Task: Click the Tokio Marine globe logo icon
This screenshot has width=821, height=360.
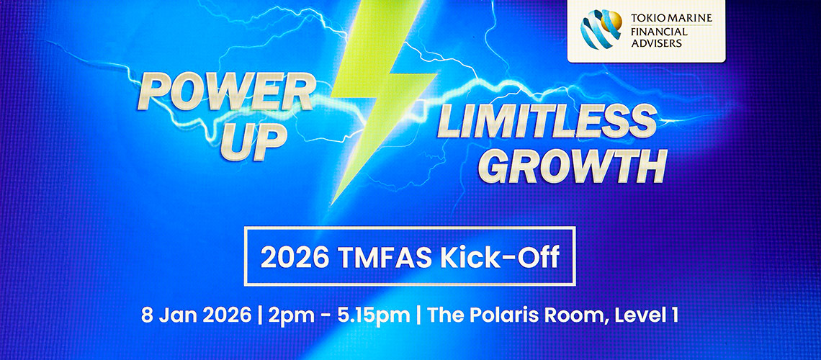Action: pyautogui.click(x=601, y=30)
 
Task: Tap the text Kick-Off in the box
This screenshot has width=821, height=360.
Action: pyautogui.click(x=495, y=258)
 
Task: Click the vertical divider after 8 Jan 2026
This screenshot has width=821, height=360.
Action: pyautogui.click(x=260, y=316)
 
